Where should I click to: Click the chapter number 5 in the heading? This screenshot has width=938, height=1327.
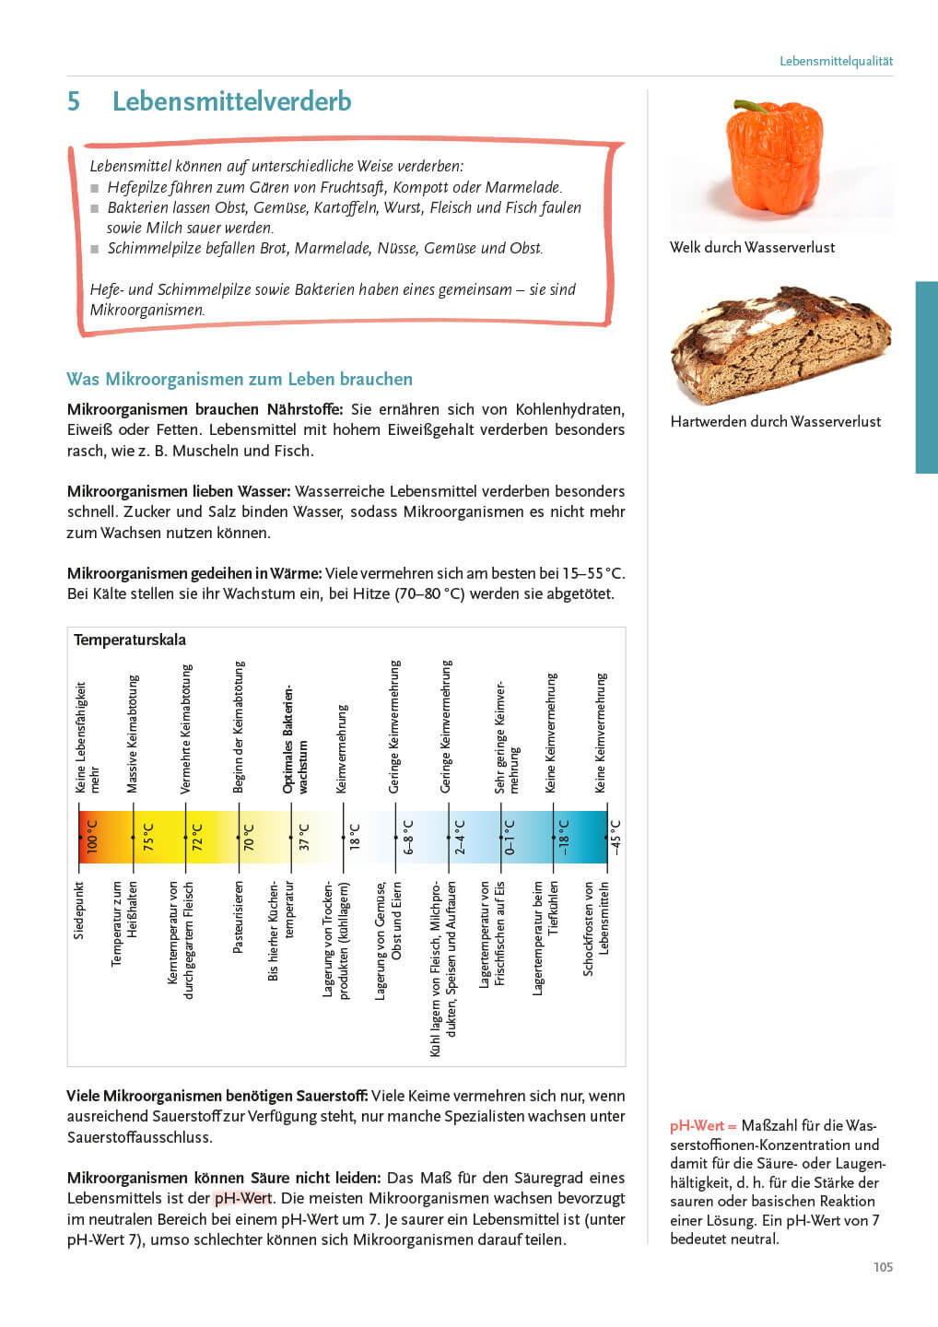[x=74, y=101]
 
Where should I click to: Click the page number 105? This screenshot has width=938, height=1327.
[x=883, y=1267]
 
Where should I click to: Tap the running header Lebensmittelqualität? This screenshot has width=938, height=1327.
[x=836, y=62]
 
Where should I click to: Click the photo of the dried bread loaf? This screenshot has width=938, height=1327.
[x=780, y=346]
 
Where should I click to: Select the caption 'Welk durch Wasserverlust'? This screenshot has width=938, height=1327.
[x=752, y=247]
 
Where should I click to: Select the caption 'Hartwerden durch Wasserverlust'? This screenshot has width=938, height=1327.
[x=775, y=421]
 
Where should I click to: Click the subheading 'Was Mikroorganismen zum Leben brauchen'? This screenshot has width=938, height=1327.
[x=240, y=379]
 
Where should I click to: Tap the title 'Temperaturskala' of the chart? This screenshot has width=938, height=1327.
[x=130, y=640]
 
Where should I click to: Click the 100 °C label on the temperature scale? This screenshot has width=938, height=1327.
[x=92, y=837]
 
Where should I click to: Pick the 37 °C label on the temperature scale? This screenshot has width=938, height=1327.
[x=304, y=837]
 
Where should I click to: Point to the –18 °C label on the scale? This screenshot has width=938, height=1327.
[x=564, y=837]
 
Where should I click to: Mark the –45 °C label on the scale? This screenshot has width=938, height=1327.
[x=616, y=837]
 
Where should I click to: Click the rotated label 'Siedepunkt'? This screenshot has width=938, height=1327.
[x=79, y=910]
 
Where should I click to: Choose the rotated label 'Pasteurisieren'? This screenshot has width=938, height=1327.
[x=239, y=917]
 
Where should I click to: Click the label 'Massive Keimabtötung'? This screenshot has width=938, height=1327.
[x=133, y=734]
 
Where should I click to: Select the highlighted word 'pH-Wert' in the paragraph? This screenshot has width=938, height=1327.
[x=243, y=1198]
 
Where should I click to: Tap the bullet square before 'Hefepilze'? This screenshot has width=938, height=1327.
[x=95, y=188]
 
